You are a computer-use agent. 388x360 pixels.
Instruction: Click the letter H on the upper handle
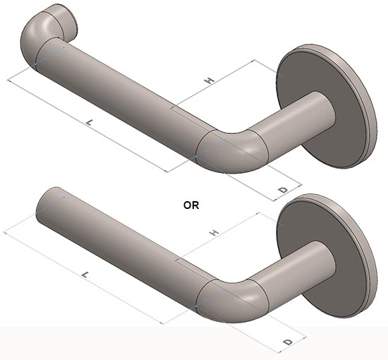(209, 81)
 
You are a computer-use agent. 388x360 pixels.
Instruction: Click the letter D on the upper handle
(282, 191)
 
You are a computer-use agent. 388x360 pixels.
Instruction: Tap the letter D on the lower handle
(287, 342)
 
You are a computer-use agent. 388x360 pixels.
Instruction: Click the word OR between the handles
(191, 205)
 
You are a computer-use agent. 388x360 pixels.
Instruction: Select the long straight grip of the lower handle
(127, 244)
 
